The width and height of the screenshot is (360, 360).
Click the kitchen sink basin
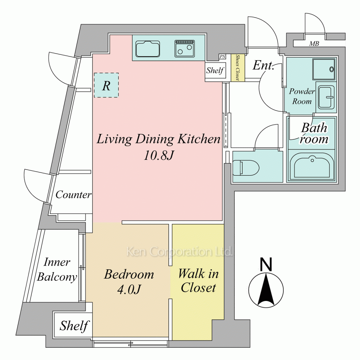pyautogui.click(x=148, y=49)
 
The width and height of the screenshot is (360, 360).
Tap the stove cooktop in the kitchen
pyautogui.click(x=185, y=49)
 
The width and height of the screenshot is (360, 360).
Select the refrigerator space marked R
pyautogui.click(x=106, y=85)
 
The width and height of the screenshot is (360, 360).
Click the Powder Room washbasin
pyautogui.click(x=326, y=98)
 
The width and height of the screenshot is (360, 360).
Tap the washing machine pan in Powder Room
pyautogui.click(x=324, y=69)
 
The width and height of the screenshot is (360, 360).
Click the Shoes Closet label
pyautogui.click(x=238, y=68)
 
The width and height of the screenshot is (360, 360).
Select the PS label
pyautogui.click(x=222, y=57)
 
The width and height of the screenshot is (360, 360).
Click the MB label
pyautogui.click(x=314, y=44)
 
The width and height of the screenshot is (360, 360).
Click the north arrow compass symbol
pyautogui.click(x=266, y=290)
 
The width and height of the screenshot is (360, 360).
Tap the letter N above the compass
pyautogui.click(x=266, y=264)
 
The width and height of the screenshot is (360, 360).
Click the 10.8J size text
pyautogui.click(x=158, y=156)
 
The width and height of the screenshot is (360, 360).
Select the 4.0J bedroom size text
pyautogui.click(x=129, y=289)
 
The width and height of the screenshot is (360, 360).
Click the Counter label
pyautogui.click(x=73, y=195)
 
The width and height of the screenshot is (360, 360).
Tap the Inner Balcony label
pyautogui.click(x=57, y=269)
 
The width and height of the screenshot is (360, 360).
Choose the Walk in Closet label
pyautogui.click(x=198, y=280)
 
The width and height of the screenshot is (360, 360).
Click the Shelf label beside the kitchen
pyautogui.click(x=215, y=70)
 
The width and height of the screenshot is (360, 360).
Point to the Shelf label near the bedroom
pyautogui.click(x=74, y=326)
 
